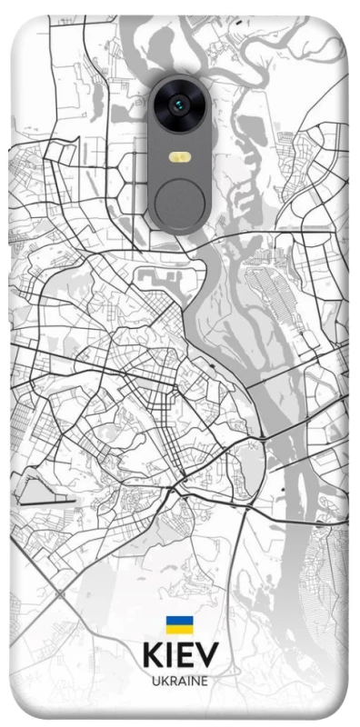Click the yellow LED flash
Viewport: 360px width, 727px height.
(x=179, y=156)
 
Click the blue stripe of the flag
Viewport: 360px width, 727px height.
(x=179, y=621)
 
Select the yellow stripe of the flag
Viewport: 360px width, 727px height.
(x=179, y=629)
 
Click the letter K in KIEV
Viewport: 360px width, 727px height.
(x=151, y=655)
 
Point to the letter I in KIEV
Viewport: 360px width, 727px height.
(x=168, y=655)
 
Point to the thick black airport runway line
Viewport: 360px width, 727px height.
(x=45, y=498)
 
